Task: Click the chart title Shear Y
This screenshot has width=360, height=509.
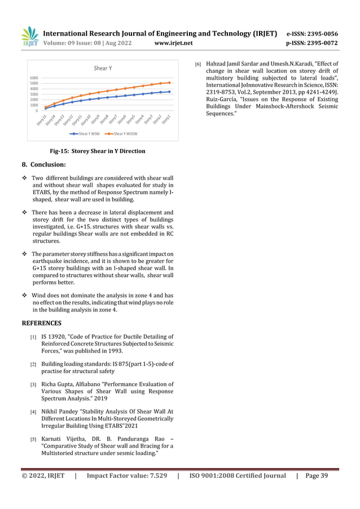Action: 102,68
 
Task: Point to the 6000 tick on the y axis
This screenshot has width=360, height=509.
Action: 34,78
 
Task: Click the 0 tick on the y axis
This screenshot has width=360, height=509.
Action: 37,111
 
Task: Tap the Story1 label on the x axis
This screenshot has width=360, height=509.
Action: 166,120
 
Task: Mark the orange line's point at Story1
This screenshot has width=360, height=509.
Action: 169,82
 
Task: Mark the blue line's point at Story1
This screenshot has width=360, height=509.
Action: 169,91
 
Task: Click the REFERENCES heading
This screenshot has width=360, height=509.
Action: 41,323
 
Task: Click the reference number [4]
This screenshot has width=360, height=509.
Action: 33,413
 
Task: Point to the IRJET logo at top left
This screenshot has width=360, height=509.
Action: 29,37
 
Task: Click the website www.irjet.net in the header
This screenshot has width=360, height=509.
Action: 173,43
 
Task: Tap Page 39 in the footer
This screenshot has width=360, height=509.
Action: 316,476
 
